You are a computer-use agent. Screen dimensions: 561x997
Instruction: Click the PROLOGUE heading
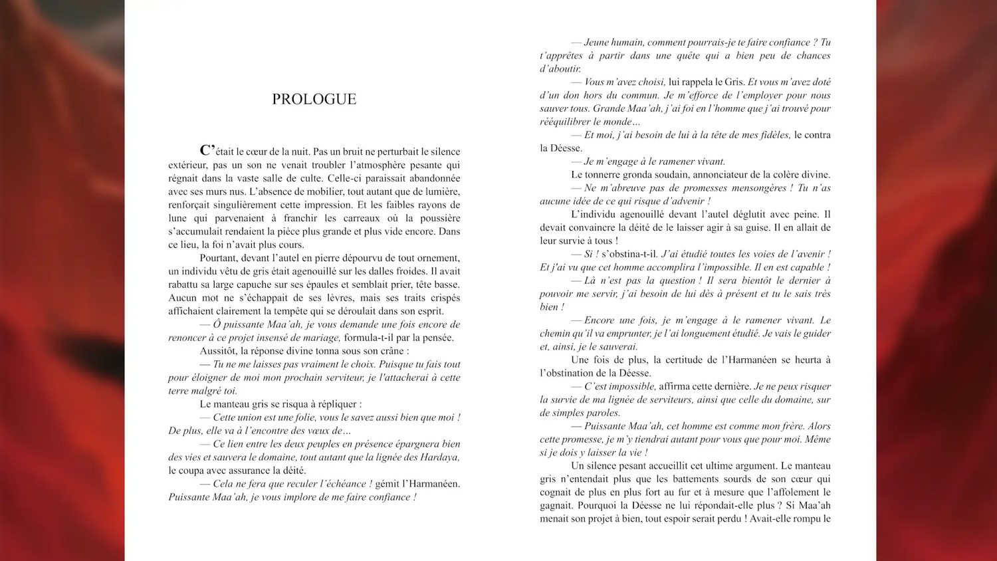(x=314, y=99)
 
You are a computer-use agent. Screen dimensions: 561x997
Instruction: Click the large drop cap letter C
(x=207, y=150)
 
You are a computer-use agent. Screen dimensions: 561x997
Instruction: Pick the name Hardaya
(x=439, y=457)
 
